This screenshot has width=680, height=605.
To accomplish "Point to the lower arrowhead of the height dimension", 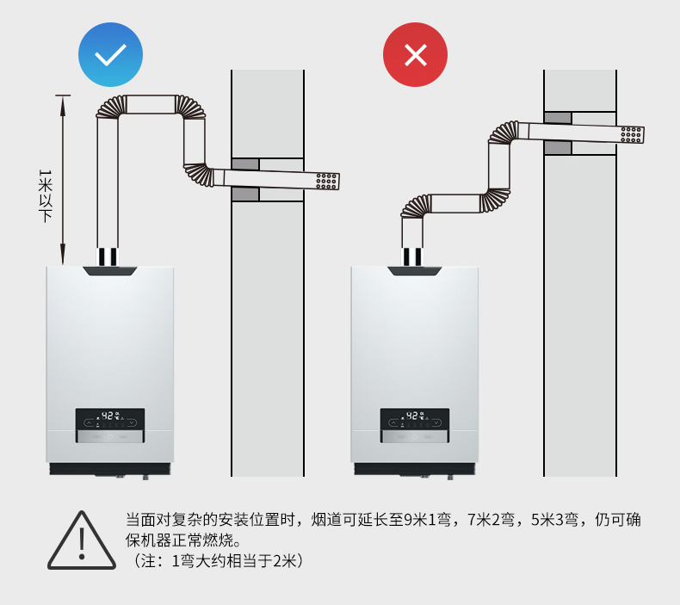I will click(62, 257).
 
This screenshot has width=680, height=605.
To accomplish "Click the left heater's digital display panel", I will click(109, 421).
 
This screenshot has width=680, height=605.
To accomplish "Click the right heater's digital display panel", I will click(414, 421).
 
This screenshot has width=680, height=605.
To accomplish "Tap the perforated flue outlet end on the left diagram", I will click(327, 182).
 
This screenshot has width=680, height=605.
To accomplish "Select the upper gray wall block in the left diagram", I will click(245, 164).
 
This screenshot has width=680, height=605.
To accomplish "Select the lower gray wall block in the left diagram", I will click(245, 194).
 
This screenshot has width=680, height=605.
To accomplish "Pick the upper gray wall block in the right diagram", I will click(558, 117).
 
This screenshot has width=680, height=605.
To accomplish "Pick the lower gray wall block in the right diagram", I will click(558, 147).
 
